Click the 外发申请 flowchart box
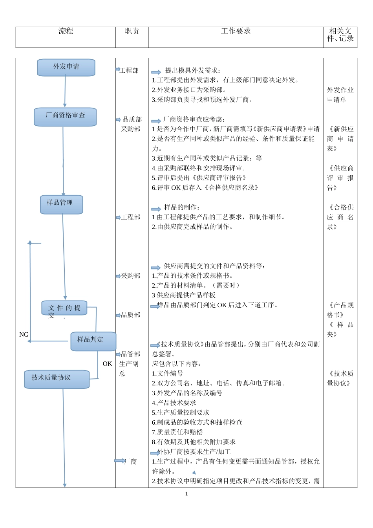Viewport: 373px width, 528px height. pos(66,67)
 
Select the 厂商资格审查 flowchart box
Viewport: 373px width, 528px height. pos(65,117)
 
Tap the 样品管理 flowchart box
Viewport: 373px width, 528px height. pos(61,204)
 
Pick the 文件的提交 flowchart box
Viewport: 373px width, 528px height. pos(64,308)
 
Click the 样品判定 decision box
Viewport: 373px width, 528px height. pos(93,341)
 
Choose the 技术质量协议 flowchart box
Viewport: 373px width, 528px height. pos(57,379)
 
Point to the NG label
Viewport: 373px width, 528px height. pos(24,335)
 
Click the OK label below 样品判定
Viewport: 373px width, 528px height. pos(107,364)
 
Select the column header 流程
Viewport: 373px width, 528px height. pos(66,31)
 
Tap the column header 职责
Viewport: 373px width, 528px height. pos(132,31)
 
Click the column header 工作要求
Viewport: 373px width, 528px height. pos(236,31)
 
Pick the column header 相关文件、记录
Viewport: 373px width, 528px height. pos(340,35)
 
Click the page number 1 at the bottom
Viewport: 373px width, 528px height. pos(186,494)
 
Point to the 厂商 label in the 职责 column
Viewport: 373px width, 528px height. pos(131,462)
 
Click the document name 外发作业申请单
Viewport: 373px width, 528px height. pos(340,95)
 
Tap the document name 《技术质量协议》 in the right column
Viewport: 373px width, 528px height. pos(340,378)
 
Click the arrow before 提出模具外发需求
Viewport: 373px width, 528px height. pos(156,72)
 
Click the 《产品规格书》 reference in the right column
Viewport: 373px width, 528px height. pos(340,310)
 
